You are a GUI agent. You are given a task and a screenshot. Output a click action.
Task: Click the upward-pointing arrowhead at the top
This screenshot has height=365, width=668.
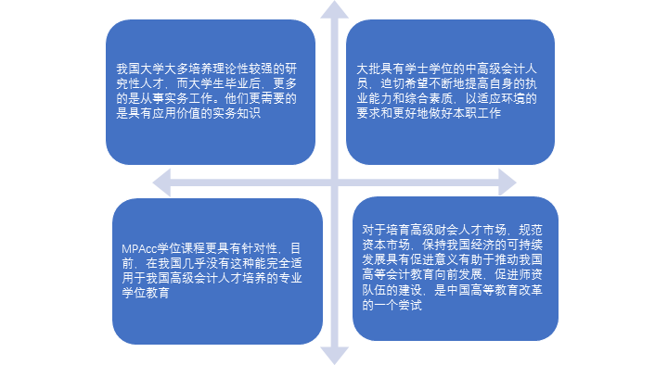coord(334,10)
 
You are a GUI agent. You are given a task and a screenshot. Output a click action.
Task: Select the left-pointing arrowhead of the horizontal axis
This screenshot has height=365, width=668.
coord(163,182)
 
